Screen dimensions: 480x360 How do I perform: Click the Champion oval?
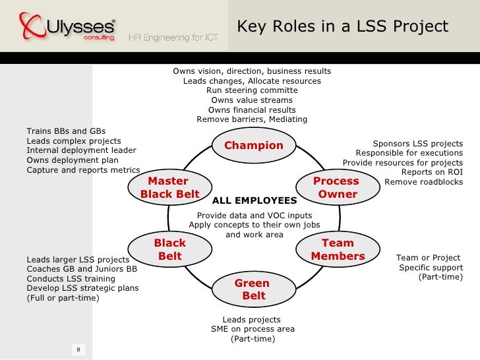click(254, 146)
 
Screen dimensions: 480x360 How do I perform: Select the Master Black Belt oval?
click(169, 187)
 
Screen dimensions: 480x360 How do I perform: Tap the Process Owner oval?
click(337, 187)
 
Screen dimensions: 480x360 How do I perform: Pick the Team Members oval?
click(338, 250)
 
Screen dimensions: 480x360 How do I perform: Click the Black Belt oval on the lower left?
click(169, 249)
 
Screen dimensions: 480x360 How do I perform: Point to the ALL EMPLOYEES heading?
click(255, 200)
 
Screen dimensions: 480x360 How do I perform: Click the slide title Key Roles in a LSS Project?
click(342, 27)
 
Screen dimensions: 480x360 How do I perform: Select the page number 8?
click(78, 349)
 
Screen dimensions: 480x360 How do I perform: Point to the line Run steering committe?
click(252, 90)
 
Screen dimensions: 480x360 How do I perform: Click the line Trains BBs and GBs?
click(66, 131)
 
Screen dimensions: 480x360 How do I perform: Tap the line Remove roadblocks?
click(423, 182)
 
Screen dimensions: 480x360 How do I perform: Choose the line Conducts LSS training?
click(71, 279)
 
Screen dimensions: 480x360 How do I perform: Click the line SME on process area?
click(253, 329)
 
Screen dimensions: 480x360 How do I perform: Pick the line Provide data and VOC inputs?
click(255, 215)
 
